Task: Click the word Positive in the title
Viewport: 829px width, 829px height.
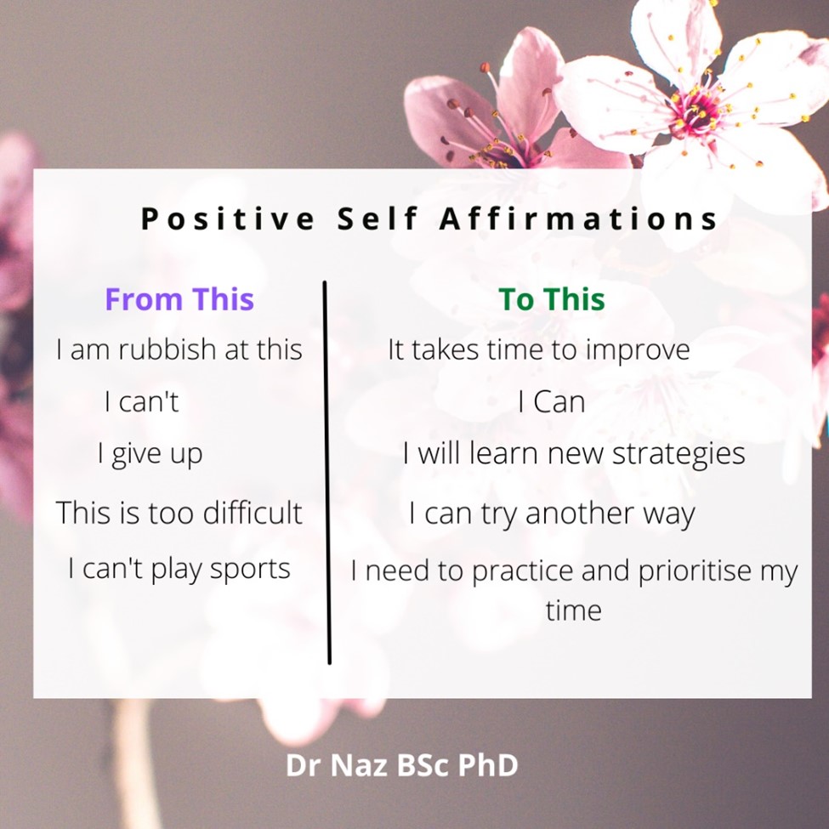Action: [x=228, y=218]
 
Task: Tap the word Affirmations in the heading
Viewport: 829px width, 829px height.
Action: [x=578, y=218]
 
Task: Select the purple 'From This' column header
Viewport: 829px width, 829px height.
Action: [x=179, y=298]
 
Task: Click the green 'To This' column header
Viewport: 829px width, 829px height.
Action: [x=552, y=298]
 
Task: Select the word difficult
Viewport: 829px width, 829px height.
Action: [x=253, y=512]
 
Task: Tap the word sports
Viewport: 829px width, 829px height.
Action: [x=250, y=570]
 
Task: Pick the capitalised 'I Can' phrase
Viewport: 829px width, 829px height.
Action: [x=552, y=402]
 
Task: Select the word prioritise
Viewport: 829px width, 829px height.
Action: [x=695, y=571]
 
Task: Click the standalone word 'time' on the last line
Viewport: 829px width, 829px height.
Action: [x=574, y=610]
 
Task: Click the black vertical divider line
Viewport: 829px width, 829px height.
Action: [x=326, y=472]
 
